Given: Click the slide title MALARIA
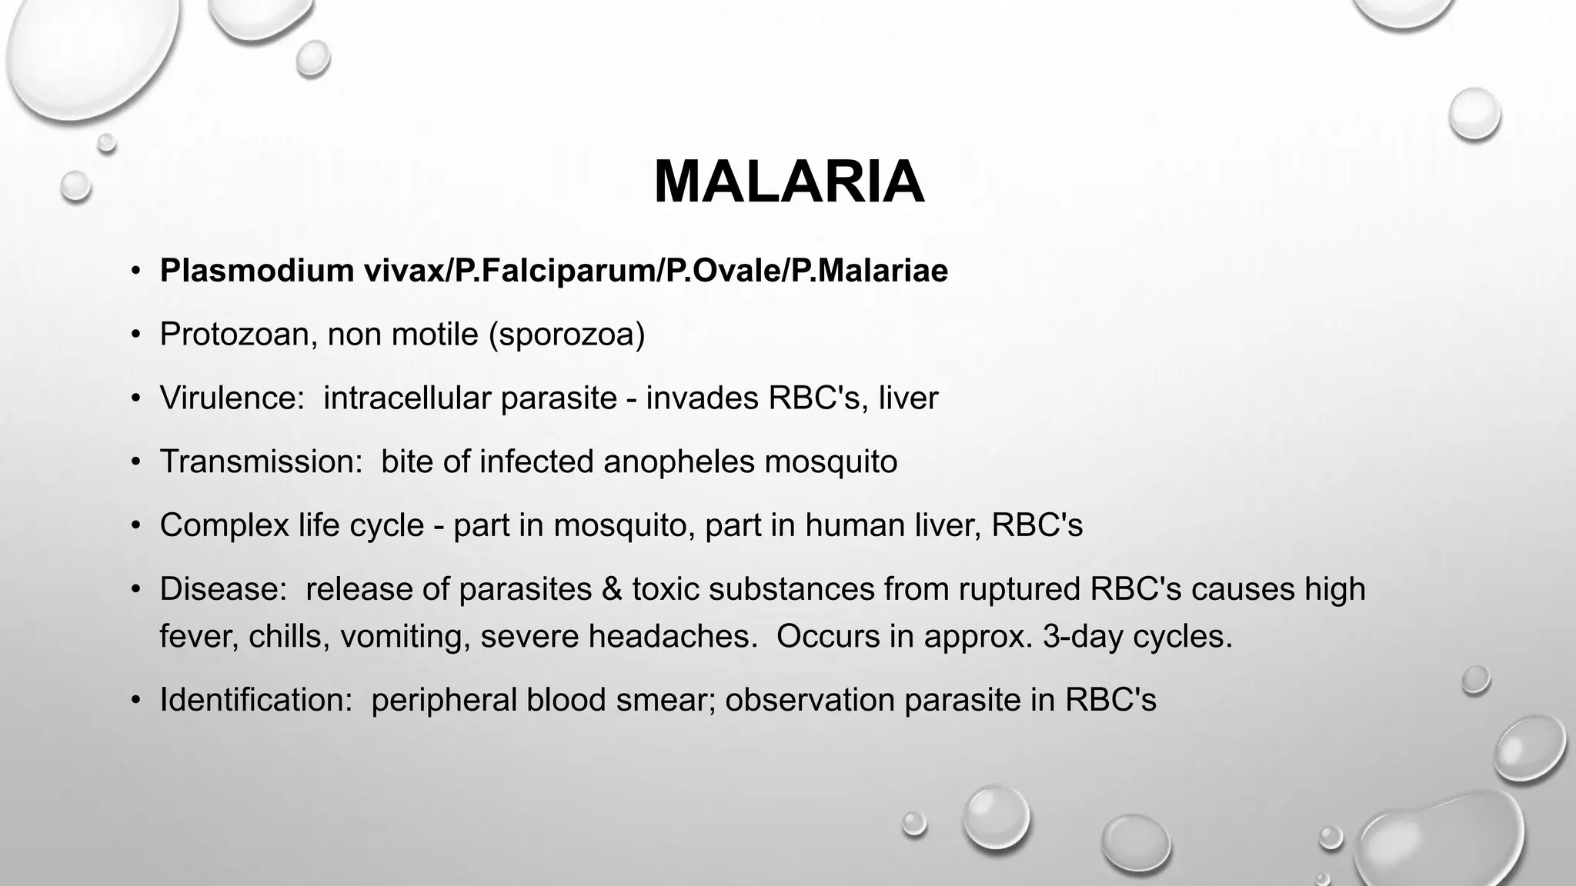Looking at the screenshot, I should pos(788,182).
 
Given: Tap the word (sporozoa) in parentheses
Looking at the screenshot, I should pos(566,335).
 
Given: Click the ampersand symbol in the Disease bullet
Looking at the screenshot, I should pos(612,589).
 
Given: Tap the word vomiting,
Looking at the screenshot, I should pos(405,637).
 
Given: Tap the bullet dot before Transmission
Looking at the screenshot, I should pos(136,462).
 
